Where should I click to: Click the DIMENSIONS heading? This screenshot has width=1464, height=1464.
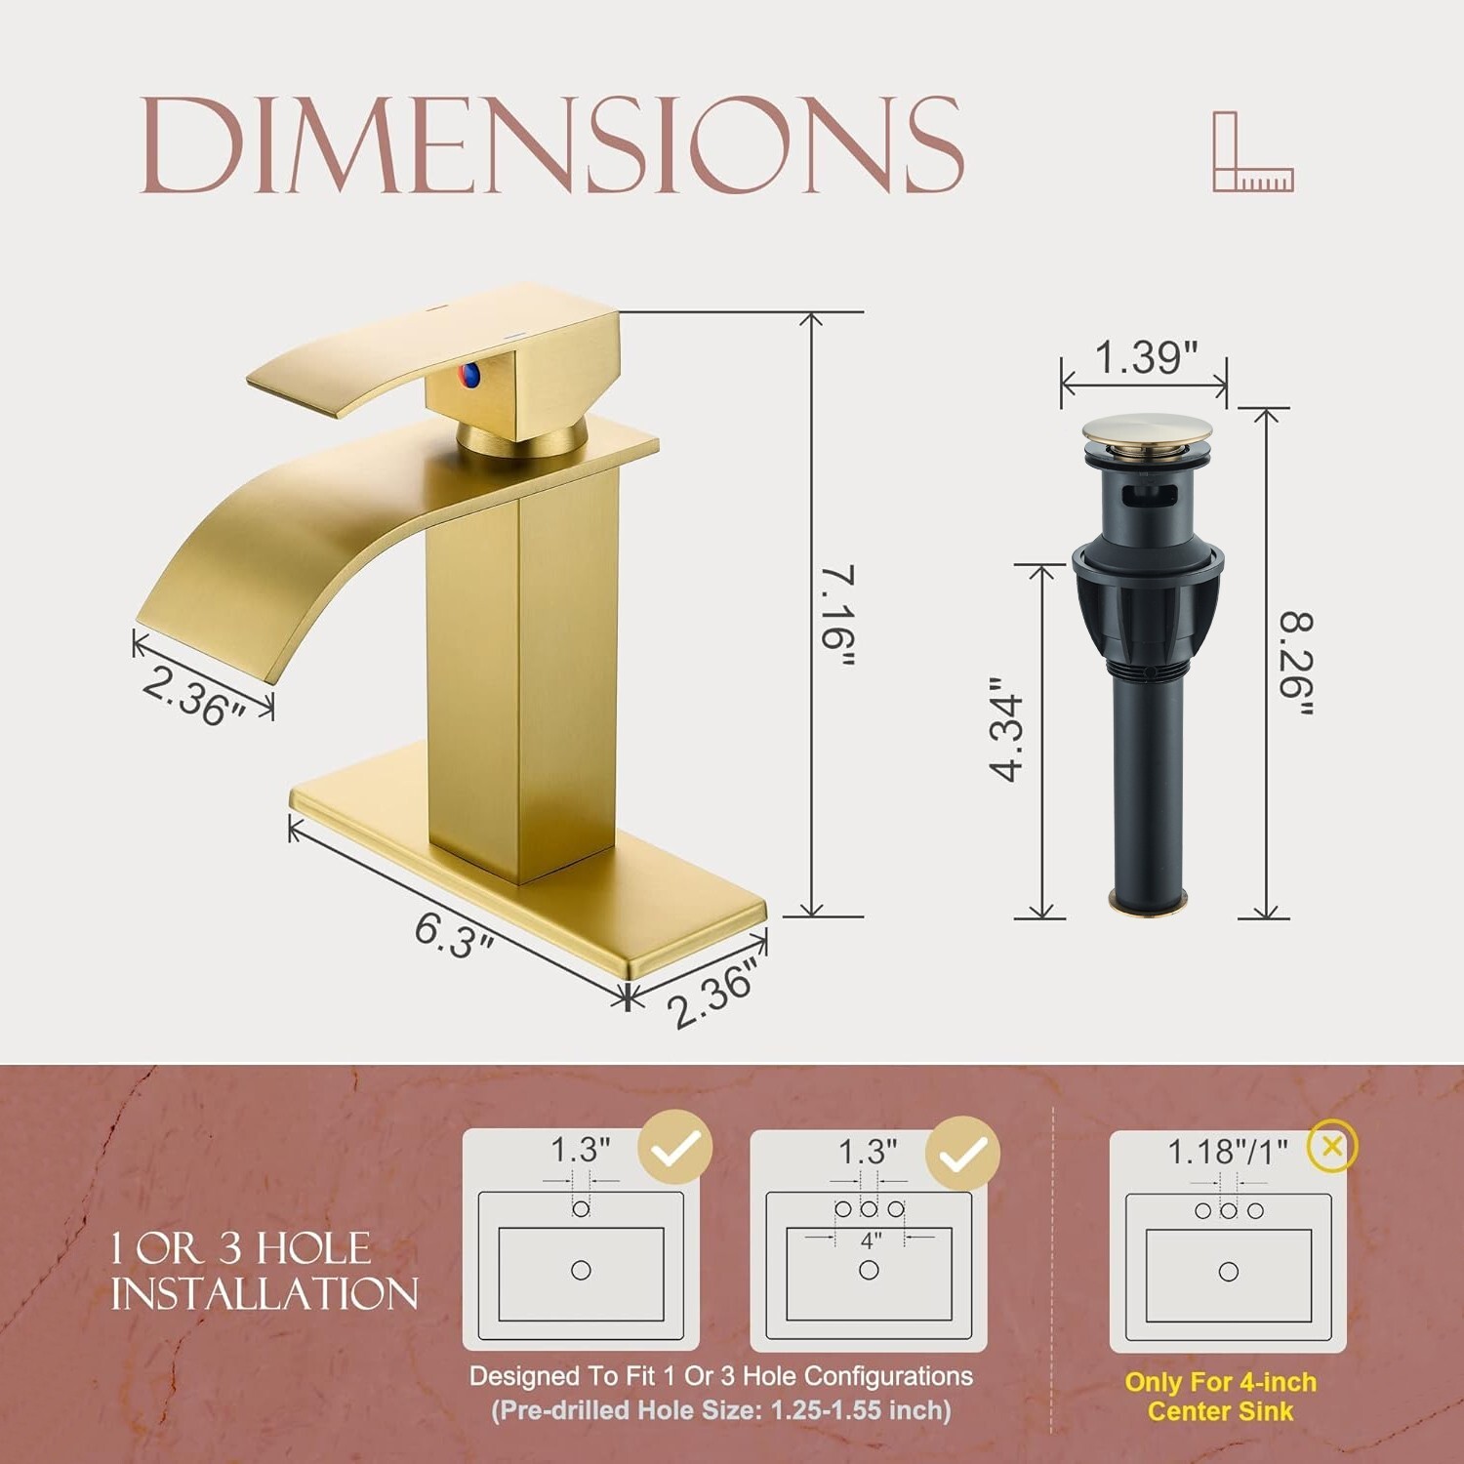(552, 145)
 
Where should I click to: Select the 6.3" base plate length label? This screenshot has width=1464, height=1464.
(454, 934)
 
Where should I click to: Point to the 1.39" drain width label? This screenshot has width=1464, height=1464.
(1145, 357)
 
